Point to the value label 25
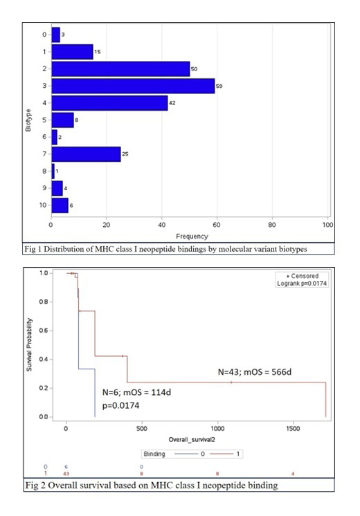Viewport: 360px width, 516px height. (x=125, y=153)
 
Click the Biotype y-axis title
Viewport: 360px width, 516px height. (x=28, y=119)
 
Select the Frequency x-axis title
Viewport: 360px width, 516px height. (x=189, y=237)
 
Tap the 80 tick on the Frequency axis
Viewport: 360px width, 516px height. (x=273, y=225)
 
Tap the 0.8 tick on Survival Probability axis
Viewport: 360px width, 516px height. (x=42, y=302)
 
